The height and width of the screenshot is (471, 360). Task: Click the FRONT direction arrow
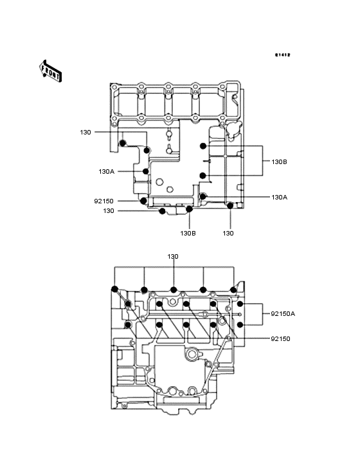[50, 71]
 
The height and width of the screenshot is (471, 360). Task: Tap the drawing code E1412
[283, 55]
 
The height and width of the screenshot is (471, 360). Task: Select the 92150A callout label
[283, 314]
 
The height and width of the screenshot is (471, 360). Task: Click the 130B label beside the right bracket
[279, 162]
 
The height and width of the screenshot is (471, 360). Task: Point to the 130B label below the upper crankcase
[188, 233]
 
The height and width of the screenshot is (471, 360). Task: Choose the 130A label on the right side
[279, 198]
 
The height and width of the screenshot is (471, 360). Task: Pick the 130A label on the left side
[107, 172]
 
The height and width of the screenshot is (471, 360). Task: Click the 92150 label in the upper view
[104, 201]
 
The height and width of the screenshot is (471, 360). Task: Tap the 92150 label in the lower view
[280, 339]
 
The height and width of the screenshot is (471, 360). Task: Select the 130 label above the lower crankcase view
[173, 257]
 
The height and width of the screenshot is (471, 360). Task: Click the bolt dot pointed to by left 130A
[146, 172]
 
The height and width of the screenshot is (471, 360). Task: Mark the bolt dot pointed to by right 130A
[203, 196]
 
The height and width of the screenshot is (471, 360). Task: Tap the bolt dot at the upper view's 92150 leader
[144, 201]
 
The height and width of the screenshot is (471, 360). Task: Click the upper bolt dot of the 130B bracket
[203, 146]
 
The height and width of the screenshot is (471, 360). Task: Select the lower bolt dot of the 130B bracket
[203, 176]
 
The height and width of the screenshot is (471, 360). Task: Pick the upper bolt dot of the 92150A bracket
[240, 304]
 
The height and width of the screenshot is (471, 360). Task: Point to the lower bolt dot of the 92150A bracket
[240, 325]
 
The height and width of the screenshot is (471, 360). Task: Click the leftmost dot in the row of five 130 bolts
[114, 289]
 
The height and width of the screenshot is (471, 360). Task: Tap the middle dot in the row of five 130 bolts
[174, 290]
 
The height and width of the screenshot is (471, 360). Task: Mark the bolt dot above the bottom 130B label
[189, 208]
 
